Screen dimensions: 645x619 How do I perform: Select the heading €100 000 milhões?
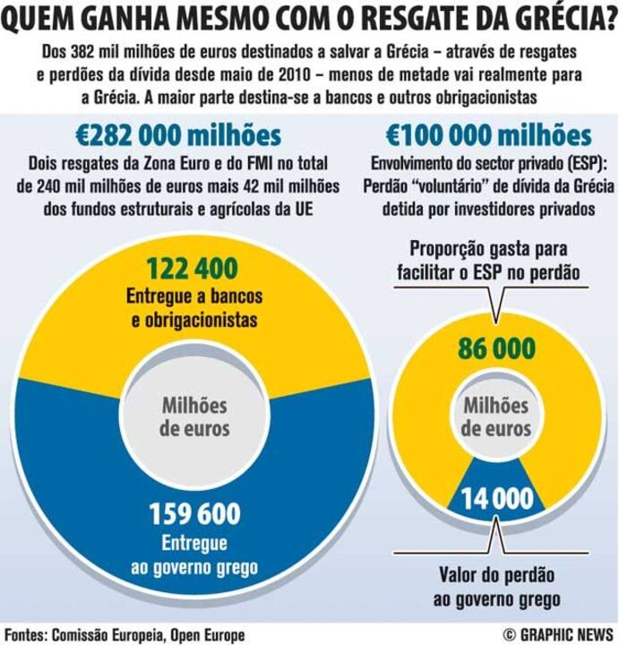(488, 135)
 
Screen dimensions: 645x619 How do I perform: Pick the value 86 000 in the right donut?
(496, 348)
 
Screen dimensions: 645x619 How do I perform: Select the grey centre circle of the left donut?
(194, 417)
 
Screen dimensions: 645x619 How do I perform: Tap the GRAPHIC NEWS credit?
(558, 634)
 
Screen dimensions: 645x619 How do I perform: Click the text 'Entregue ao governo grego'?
(194, 555)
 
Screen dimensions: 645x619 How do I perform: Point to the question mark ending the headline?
(606, 17)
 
